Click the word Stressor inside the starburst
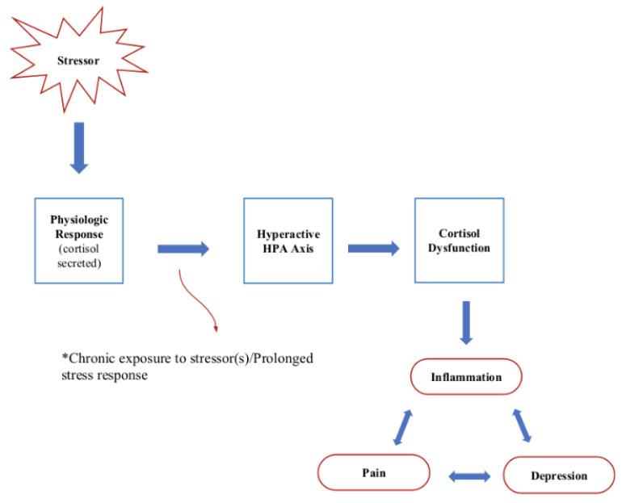tap(79, 60)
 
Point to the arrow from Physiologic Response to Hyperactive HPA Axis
tap(182, 249)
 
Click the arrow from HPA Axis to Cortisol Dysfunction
tap(373, 249)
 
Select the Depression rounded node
tap(558, 475)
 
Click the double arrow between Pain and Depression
tap(469, 477)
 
